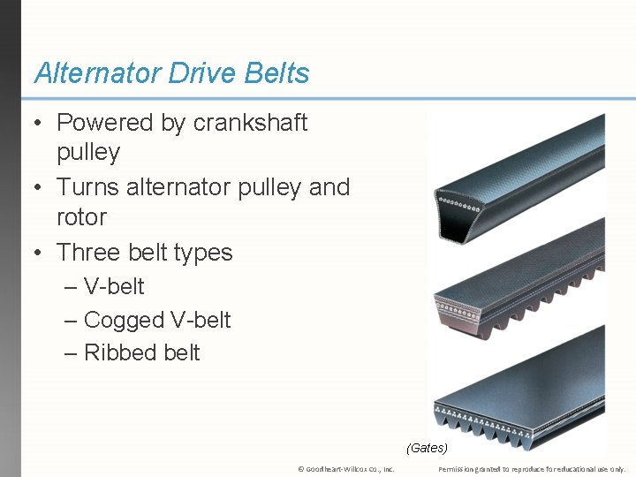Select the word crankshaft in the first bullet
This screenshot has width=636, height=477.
tap(250, 123)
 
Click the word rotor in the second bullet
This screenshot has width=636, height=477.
tap(81, 217)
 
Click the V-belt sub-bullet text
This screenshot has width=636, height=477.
tap(114, 287)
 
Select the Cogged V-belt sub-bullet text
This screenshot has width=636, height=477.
tap(156, 320)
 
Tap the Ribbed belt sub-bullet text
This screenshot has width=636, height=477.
tap(141, 352)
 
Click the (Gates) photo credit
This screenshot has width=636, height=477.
tap(427, 448)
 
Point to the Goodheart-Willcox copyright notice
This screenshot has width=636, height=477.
tap(345, 469)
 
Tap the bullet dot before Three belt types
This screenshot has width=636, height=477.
tap(39, 254)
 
